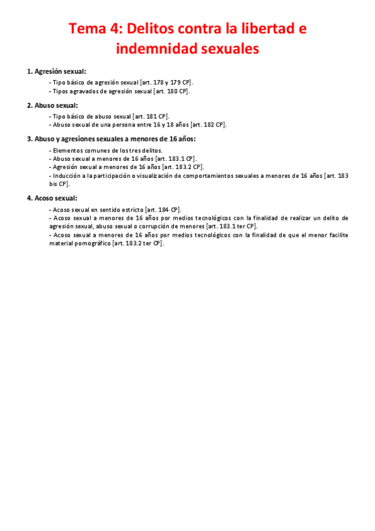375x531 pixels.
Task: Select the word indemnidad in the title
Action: click(x=157, y=48)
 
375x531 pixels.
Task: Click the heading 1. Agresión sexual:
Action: click(x=57, y=71)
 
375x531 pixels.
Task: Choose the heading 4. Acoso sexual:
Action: click(x=52, y=198)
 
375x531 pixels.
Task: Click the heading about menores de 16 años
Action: click(x=111, y=139)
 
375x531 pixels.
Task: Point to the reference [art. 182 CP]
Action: click(x=208, y=125)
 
